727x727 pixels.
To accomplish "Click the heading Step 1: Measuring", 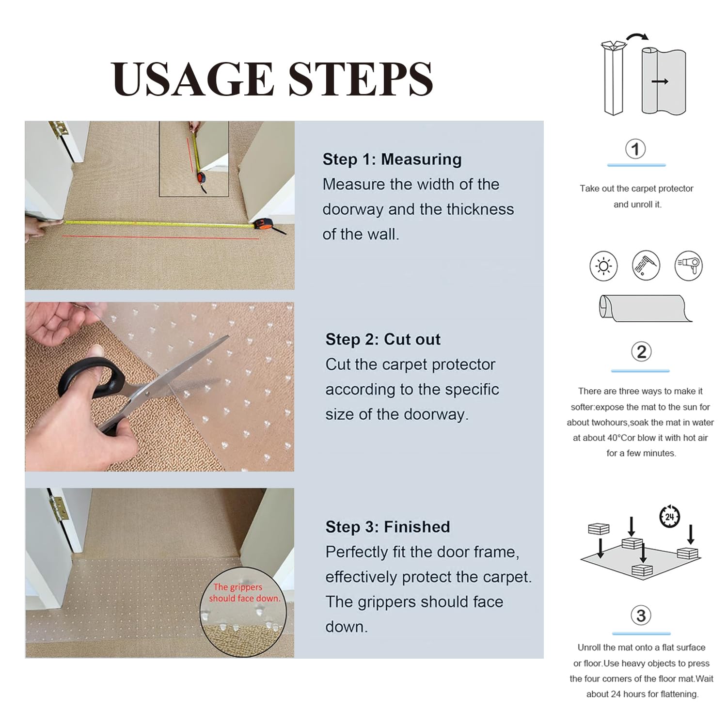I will [392, 159].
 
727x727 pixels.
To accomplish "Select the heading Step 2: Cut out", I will [382, 339].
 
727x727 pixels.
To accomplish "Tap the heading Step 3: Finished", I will [387, 527].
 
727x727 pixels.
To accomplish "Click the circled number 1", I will [635, 149].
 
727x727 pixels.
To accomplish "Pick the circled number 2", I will [641, 352].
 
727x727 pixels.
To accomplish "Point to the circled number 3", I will [641, 616].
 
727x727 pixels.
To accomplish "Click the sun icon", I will [603, 266].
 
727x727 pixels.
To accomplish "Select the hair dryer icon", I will [689, 266].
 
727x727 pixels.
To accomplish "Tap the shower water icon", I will [646, 266].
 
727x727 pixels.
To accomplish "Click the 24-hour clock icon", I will [669, 517].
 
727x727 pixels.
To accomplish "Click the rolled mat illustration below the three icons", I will [645, 308].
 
